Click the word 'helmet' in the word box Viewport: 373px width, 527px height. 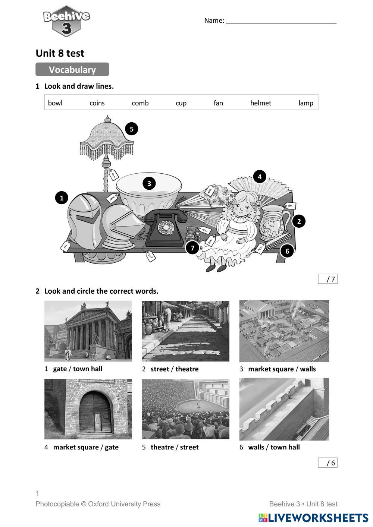[x=260, y=103]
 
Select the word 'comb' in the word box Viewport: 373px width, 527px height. [x=140, y=103]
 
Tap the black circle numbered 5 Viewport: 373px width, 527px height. [x=131, y=129]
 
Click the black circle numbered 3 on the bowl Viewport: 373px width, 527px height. [x=149, y=183]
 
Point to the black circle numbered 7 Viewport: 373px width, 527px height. [x=192, y=248]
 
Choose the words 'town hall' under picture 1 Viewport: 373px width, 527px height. [x=88, y=369]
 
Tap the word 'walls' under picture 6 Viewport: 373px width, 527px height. [x=256, y=447]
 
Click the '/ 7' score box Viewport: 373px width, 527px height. [x=327, y=279]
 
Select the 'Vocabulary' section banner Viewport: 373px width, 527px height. [x=72, y=70]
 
